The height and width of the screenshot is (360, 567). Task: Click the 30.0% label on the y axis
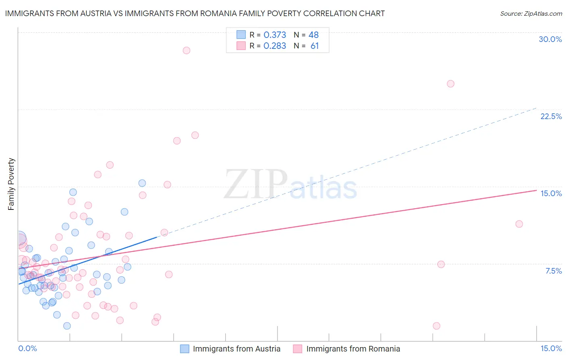(x=550, y=40)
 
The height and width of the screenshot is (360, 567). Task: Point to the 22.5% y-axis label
(x=551, y=117)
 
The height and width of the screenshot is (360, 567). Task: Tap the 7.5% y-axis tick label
(x=553, y=271)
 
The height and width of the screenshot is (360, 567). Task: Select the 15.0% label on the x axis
(x=551, y=349)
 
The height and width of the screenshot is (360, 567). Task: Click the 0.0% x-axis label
(x=27, y=349)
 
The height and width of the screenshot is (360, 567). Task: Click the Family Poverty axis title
(x=11, y=184)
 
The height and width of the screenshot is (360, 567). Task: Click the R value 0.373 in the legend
(x=275, y=35)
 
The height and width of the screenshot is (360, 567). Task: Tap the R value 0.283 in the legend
(x=275, y=46)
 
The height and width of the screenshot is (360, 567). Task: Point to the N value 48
(x=313, y=35)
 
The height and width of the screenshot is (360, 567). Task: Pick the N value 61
(x=315, y=46)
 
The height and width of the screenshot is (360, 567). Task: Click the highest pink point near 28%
(x=186, y=50)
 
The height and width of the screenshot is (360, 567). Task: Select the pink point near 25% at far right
(x=450, y=84)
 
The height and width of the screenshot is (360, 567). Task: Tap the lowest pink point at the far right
(x=436, y=326)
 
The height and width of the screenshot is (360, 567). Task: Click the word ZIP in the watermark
(x=256, y=185)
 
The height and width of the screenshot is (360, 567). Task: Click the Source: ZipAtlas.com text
(x=531, y=14)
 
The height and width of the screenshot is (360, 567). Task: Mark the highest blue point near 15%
(x=142, y=183)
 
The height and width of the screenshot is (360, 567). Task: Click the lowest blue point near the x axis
(x=67, y=326)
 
